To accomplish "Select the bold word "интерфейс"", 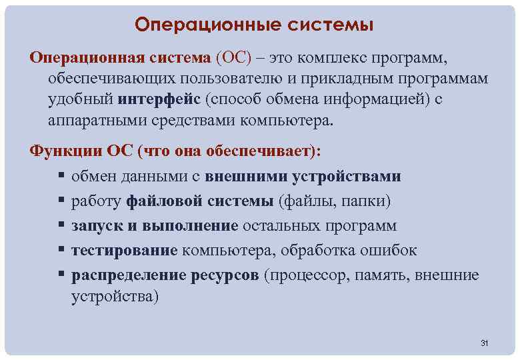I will (159, 100).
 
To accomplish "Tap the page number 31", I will (485, 343).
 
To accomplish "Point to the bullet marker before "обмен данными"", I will (61, 177).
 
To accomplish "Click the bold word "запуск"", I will (97, 226).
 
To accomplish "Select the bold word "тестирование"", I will (125, 251).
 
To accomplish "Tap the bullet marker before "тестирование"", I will (61, 251).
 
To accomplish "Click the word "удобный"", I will (81, 100).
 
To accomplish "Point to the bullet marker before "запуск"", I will (61, 226).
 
